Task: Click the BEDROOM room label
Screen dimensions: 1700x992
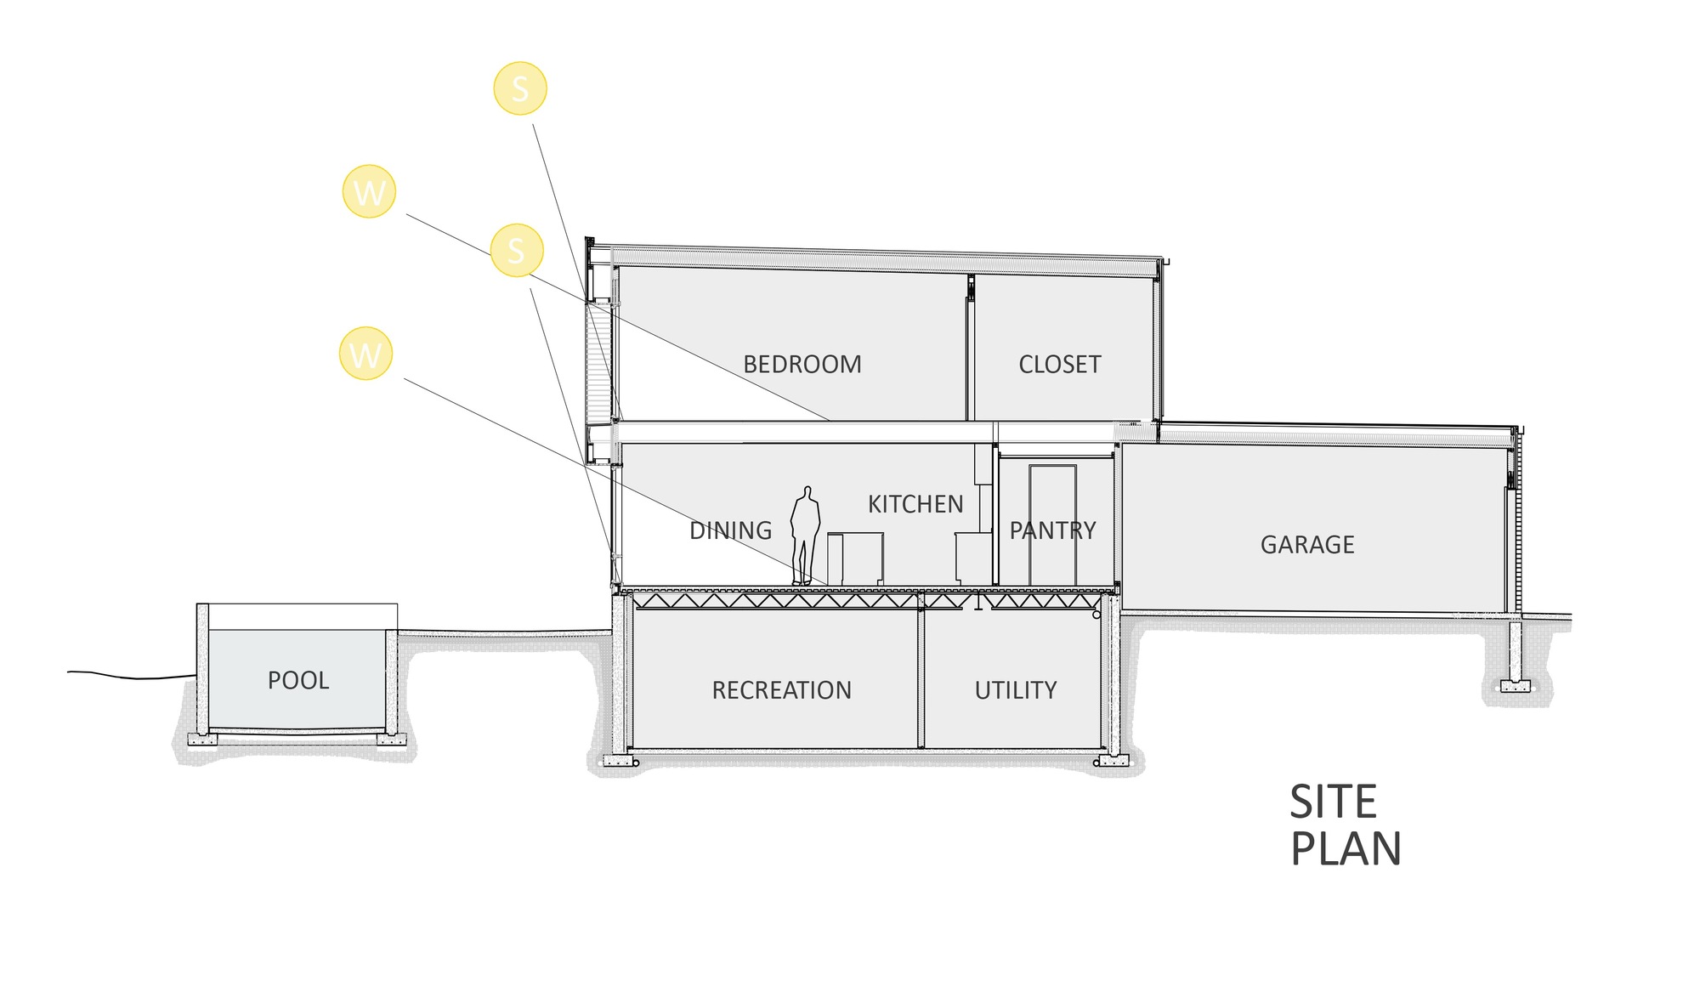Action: pyautogui.click(x=802, y=365)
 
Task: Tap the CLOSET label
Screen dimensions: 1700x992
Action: pyautogui.click(x=1060, y=365)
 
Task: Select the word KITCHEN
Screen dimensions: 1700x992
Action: pyautogui.click(x=915, y=504)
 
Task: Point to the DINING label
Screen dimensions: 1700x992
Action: pyautogui.click(x=730, y=530)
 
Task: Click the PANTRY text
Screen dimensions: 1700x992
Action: pyautogui.click(x=1052, y=530)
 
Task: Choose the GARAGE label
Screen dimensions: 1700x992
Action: pyautogui.click(x=1307, y=545)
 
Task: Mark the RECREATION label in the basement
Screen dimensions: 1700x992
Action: pyautogui.click(x=781, y=690)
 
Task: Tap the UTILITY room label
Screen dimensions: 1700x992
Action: pyautogui.click(x=1016, y=690)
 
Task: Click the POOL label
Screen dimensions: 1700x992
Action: pyautogui.click(x=298, y=681)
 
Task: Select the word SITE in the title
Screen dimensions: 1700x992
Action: pyautogui.click(x=1333, y=802)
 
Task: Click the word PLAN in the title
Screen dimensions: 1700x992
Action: pyautogui.click(x=1346, y=849)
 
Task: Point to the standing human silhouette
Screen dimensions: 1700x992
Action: pyautogui.click(x=805, y=536)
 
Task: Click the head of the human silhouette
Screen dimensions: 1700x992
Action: pyautogui.click(x=807, y=492)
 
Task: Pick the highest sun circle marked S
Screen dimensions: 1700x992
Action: pyautogui.click(x=520, y=88)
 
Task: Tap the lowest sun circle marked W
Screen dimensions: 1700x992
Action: pyautogui.click(x=365, y=354)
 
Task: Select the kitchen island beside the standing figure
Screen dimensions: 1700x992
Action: pyautogui.click(x=855, y=558)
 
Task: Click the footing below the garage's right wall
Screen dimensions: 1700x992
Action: pyautogui.click(x=1515, y=685)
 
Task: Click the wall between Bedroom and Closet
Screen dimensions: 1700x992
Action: pyautogui.click(x=970, y=347)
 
